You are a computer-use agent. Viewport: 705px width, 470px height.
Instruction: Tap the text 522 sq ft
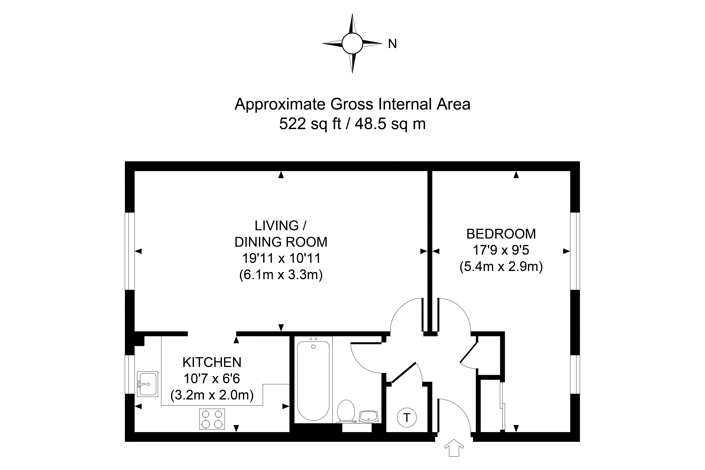point(310,124)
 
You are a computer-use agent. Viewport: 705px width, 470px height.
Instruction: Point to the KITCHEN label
point(212,362)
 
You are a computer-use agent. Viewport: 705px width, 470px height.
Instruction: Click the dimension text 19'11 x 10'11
point(281,258)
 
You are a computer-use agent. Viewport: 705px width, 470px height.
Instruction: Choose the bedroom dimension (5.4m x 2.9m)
point(501,266)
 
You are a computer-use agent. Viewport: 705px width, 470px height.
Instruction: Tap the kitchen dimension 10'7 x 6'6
point(212,379)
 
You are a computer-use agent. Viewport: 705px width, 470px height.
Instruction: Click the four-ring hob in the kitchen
point(212,419)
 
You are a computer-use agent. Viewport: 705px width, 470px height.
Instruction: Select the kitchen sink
point(147,384)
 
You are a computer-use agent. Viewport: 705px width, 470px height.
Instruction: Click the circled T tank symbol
point(407,418)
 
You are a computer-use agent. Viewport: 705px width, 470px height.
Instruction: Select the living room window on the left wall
point(130,251)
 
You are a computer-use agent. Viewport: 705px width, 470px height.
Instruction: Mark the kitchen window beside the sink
point(130,374)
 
